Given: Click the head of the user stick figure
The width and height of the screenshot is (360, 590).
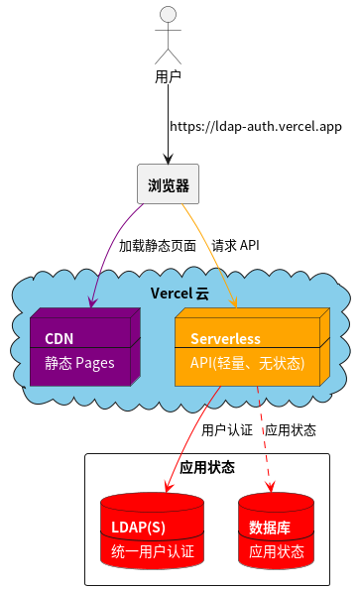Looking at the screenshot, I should [x=169, y=14].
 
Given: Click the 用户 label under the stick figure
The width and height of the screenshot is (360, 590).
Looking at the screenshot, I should [x=169, y=75].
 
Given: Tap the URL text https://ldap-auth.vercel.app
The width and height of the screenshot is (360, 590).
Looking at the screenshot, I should [x=256, y=127].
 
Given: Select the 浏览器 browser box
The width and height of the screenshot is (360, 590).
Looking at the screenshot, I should [x=169, y=185].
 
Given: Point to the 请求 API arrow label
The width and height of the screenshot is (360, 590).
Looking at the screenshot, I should [x=235, y=245].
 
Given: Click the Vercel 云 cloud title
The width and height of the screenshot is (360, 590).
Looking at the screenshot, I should [x=180, y=294].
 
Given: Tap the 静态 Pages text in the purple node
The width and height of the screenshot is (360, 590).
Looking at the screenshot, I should [x=79, y=363].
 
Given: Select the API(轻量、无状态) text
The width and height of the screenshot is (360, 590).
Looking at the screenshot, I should [x=247, y=363].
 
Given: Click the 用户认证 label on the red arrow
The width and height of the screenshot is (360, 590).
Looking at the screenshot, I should [x=227, y=430].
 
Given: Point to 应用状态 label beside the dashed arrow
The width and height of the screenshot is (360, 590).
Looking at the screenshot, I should [x=291, y=430].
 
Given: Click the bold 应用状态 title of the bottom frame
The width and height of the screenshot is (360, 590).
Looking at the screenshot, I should [x=207, y=467].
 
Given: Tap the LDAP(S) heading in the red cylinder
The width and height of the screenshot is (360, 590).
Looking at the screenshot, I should [x=138, y=527].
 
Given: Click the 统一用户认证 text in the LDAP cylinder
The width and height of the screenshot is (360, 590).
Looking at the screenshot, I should [x=152, y=551].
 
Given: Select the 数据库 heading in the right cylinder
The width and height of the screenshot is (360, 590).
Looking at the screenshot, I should [x=269, y=527].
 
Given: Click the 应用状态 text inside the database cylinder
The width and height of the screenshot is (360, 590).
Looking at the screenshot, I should [x=276, y=551].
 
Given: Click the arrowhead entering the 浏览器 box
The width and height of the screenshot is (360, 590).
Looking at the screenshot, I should [x=169, y=159].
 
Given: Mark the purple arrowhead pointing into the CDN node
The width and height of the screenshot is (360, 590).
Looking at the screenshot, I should [x=92, y=301].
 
